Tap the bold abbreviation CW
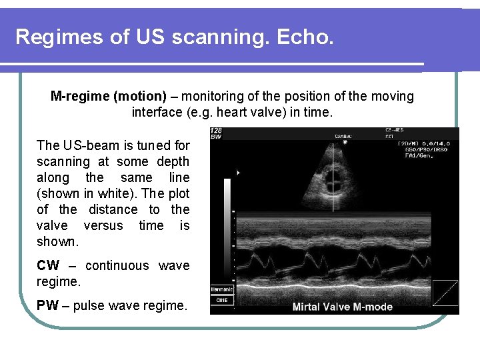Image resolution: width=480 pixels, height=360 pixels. coord(48,266)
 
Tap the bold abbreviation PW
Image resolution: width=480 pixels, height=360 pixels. coord(48,306)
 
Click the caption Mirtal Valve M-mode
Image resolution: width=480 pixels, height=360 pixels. coord(343,307)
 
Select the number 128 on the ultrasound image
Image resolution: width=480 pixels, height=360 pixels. coord(216,131)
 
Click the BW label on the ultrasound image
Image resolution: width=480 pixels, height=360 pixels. coord(215,137)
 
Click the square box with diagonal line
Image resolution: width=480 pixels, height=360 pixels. coord(445,291)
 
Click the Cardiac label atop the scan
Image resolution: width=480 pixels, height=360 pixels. coord(345,135)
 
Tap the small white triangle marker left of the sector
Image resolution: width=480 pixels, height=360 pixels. coord(238,173)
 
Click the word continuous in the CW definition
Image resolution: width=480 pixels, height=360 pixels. coord(117,266)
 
